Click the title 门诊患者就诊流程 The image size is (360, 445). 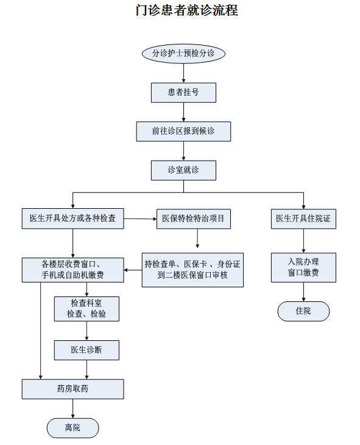tap(186, 10)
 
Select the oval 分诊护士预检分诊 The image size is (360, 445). tap(183, 54)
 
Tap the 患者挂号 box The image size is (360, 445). tap(183, 93)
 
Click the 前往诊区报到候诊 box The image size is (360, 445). tap(183, 131)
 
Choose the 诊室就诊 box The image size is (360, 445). tap(183, 170)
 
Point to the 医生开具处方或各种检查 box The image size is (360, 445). tap(72, 219)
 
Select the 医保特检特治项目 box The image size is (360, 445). tap(194, 219)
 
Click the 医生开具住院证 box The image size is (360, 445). tap(303, 219)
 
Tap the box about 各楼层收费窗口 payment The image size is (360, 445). tap(72, 270)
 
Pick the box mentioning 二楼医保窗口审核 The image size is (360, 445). tap(192, 270)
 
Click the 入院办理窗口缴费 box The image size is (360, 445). tap(303, 267)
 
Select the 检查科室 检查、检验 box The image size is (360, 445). tap(86, 309)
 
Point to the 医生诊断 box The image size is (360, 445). tap(86, 350)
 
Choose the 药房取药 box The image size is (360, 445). tap(72, 389)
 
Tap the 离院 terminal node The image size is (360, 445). tap(72, 428)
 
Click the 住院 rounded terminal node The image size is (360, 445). tap(303, 311)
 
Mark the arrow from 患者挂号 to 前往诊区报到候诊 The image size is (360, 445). tap(183, 112)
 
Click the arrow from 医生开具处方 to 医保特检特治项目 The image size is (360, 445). tap(140, 219)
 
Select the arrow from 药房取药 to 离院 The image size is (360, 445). tap(72, 408)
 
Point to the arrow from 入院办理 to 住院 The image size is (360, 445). tap(303, 292)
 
